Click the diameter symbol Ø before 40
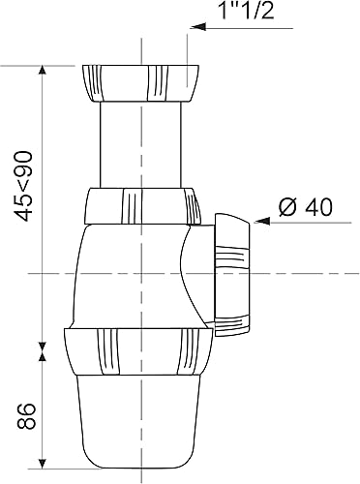pyautogui.click(x=285, y=206)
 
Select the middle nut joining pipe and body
pyautogui.click(x=141, y=206)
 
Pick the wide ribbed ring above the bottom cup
pyautogui.click(x=137, y=355)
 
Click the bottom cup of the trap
pyautogui.click(x=139, y=426)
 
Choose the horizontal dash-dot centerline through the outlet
pyautogui.click(x=290, y=274)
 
